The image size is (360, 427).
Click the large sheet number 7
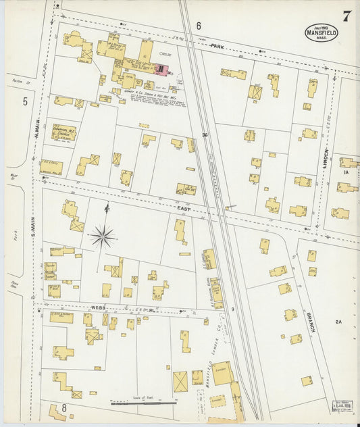[346, 17]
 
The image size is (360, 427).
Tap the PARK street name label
[217, 46]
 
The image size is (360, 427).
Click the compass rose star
[103, 236]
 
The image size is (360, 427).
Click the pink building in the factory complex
[161, 68]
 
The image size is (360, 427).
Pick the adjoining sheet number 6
[199, 26]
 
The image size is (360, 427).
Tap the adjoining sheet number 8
[64, 407]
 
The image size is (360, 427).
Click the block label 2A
[339, 322]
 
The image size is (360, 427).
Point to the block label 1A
[344, 173]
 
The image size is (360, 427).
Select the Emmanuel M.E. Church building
[63, 132]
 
